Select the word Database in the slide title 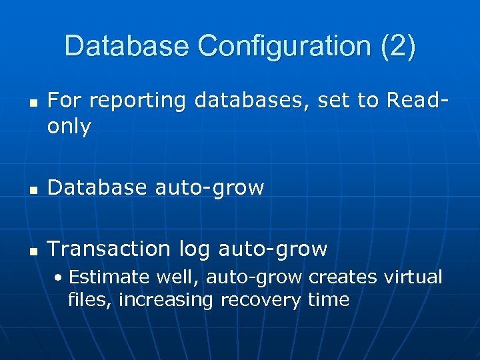(127, 46)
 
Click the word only (69, 127)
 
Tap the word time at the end (328, 300)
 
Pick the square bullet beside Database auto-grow (31, 190)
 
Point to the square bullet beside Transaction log (31, 251)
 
